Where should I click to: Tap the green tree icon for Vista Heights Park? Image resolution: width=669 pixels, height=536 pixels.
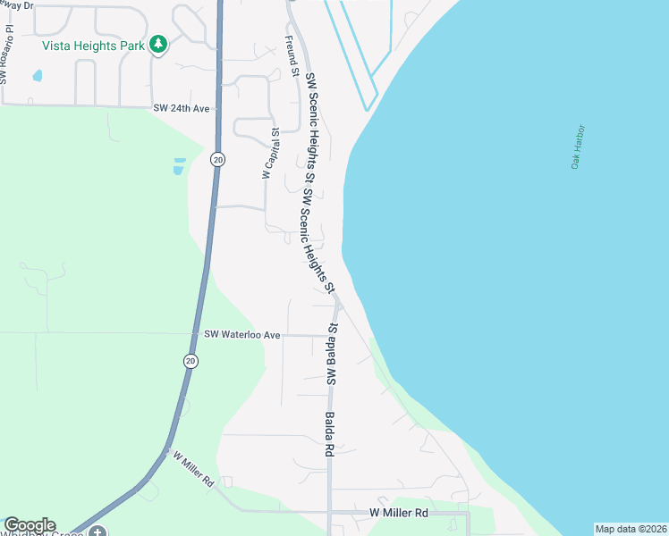coord(158,44)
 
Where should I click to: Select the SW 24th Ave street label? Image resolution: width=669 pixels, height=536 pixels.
coord(181,108)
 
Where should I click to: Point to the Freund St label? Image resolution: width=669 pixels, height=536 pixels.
coord(292,51)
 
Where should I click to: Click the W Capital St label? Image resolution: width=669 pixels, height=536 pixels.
coord(269,154)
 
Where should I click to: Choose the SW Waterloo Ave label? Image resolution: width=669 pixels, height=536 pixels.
coord(242,335)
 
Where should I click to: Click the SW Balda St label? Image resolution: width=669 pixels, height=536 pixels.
coord(330,355)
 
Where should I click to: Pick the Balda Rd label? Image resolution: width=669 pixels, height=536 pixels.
coord(329,435)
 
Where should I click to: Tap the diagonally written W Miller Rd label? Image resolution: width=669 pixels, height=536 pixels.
coord(193,468)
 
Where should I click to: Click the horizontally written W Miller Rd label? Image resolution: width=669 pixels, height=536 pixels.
coord(399,513)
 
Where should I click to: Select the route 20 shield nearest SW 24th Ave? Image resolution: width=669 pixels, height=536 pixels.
coord(218,159)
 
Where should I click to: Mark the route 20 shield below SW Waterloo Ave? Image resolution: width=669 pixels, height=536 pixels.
coord(191,361)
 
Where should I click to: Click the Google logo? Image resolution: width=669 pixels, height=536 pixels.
coord(30,525)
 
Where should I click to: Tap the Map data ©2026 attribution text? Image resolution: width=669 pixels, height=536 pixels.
coord(631,529)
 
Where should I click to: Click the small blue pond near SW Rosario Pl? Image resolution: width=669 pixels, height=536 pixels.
coord(38,76)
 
